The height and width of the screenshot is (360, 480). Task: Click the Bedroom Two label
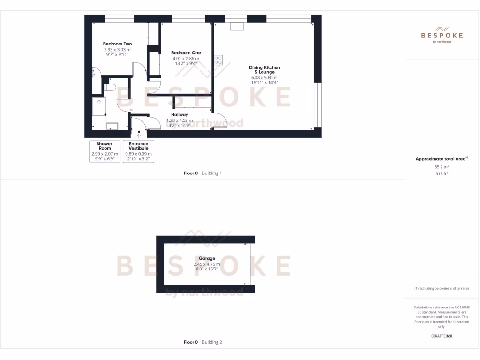point(117,44)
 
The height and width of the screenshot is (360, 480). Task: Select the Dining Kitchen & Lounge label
point(264,69)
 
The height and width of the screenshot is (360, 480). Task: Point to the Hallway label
point(179,115)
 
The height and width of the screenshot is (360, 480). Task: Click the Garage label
point(207,258)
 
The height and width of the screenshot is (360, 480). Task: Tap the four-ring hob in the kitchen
point(218,60)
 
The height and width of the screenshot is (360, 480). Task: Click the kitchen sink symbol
point(236,26)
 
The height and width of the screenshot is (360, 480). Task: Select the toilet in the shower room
point(110,87)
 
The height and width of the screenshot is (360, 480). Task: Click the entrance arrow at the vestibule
point(139,135)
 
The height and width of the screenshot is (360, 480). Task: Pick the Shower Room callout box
point(105,151)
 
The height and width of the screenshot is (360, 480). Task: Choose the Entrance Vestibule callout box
point(138,151)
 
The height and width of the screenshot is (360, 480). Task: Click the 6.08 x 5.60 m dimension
point(264,78)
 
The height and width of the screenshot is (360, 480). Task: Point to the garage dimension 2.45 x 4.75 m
point(207,264)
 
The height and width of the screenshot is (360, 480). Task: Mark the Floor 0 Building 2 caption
point(202,342)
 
